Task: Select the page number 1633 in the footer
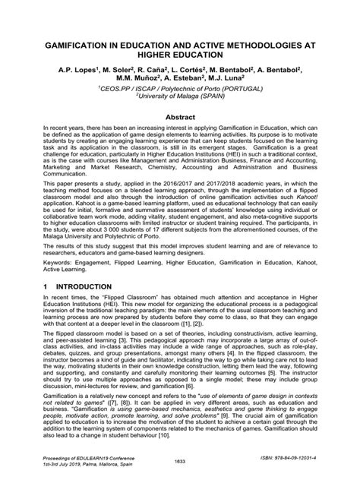tap(180, 463)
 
